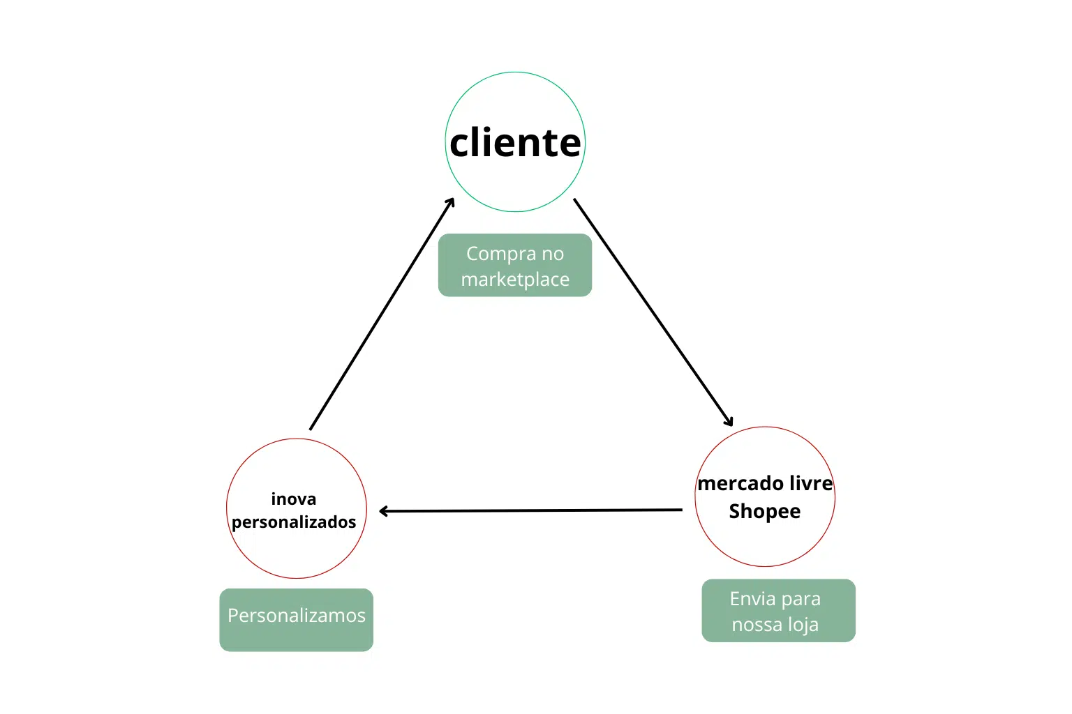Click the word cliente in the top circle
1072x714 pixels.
515,143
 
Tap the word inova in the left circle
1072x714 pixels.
293,499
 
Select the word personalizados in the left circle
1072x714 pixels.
294,522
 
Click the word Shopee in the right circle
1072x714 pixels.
764,512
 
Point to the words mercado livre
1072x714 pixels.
765,483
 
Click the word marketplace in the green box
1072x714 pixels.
515,280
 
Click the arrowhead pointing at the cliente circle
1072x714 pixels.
452,202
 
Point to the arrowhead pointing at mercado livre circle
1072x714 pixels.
729,422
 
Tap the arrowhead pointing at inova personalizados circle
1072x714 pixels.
383,511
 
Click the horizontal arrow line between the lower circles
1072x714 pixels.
530,510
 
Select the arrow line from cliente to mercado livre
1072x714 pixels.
653,311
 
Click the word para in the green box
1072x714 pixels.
801,599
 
